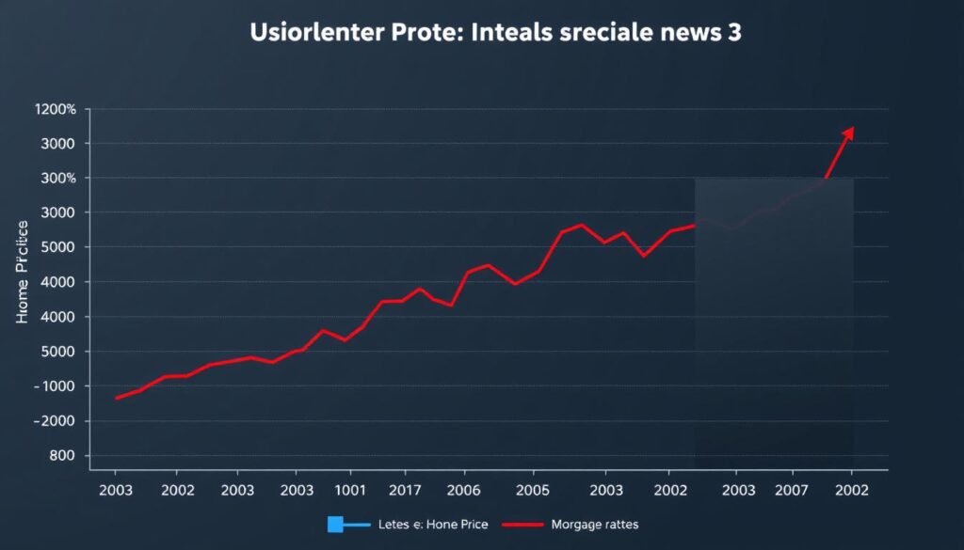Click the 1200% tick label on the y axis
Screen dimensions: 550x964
coord(55,109)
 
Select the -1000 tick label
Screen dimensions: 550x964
coord(55,386)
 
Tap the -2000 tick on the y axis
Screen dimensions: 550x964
coord(55,421)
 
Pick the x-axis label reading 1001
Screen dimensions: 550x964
coord(349,490)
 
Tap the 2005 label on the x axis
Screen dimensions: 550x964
coord(533,490)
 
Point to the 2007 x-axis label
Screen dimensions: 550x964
coord(794,490)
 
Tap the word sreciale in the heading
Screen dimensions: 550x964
coord(601,33)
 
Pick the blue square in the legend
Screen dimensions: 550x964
coord(335,525)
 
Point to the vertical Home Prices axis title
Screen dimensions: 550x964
coord(24,273)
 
